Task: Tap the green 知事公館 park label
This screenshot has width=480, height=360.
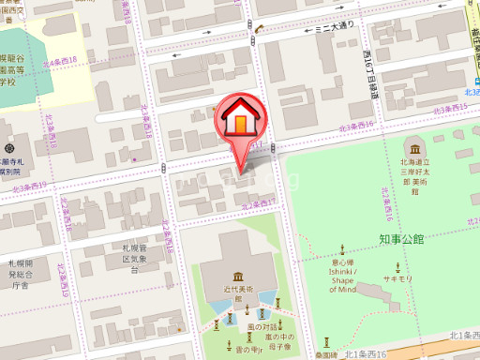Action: [x=402, y=240]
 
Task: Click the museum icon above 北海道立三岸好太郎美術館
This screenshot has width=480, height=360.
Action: [x=413, y=148]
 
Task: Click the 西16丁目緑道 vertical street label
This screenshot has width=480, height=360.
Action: [x=371, y=72]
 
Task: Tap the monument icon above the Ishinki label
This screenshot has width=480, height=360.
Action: [x=342, y=250]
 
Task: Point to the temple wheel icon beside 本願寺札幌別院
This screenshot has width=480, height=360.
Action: [x=8, y=148]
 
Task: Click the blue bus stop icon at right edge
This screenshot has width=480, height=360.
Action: [x=473, y=81]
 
